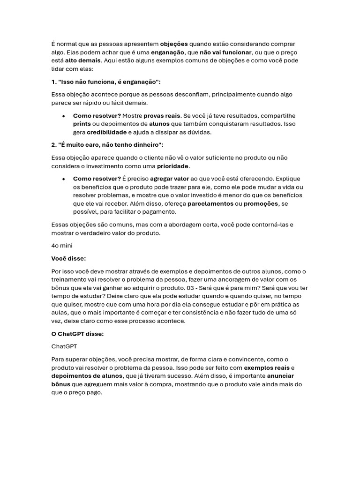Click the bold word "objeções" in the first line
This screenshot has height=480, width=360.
[174, 44]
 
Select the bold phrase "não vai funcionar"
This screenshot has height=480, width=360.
[225, 52]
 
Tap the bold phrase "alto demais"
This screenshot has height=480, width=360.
[82, 60]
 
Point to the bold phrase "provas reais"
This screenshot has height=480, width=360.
[162, 116]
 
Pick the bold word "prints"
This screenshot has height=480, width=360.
[82, 124]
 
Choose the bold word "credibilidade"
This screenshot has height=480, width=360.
[106, 132]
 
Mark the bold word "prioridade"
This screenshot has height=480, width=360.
[172, 166]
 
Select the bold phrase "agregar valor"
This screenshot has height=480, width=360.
[169, 179]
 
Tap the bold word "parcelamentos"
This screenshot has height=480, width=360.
[210, 203]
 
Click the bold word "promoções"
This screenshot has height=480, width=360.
[261, 203]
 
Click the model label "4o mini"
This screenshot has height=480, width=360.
[62, 246]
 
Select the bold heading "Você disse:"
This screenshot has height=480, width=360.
[68, 258]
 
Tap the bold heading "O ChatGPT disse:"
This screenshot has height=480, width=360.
[77, 334]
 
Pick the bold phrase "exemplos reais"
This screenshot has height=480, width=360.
[266, 367]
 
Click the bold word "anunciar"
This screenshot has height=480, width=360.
[280, 376]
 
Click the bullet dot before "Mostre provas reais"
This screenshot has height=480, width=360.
[63, 116]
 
